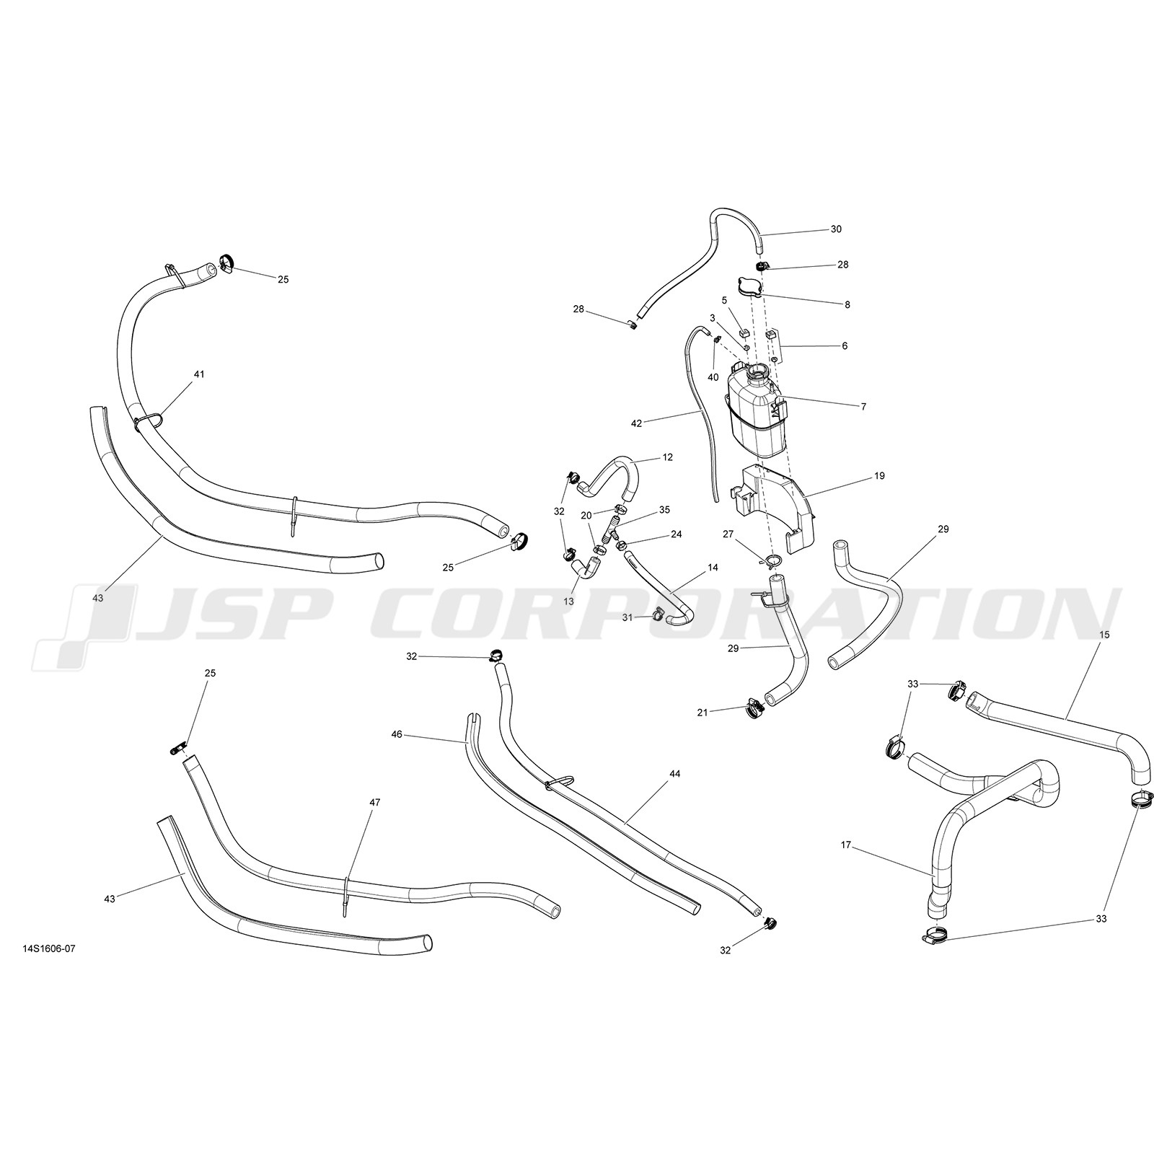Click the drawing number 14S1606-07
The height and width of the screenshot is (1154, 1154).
49,948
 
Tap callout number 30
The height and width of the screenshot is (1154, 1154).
836,229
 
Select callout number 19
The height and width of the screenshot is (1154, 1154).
879,476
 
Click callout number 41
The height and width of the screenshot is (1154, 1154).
199,374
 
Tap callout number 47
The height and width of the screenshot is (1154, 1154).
375,802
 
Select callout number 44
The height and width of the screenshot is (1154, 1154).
674,774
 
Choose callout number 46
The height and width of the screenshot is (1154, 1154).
397,734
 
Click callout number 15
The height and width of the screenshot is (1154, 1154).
1104,634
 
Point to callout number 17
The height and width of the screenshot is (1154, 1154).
847,844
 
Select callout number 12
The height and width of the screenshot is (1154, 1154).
668,457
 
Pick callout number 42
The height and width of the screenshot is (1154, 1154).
636,423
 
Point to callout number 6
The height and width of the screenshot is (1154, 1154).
845,346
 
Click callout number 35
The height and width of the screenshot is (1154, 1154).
664,509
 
